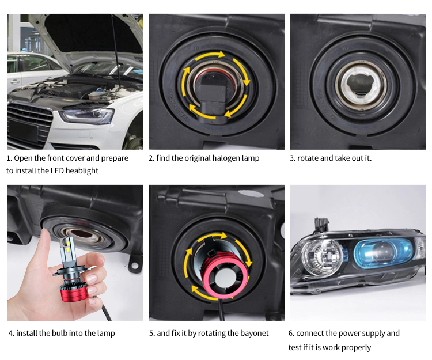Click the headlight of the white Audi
87,116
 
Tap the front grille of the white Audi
29,124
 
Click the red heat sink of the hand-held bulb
74,292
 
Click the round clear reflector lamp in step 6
321,257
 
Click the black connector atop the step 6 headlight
321,225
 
